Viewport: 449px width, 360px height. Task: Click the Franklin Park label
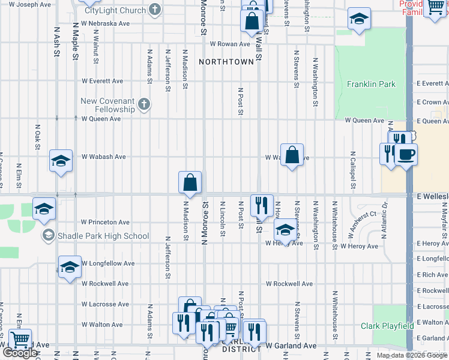(371, 84)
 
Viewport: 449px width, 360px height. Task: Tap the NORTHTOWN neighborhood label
(226, 62)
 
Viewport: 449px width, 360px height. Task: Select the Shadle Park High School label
(103, 236)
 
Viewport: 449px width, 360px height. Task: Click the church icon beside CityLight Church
(155, 10)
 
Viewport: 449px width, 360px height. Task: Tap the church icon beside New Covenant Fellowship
(143, 105)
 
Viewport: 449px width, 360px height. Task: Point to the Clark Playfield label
(387, 326)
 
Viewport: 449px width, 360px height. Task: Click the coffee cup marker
(406, 154)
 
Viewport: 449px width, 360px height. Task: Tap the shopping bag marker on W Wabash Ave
(291, 155)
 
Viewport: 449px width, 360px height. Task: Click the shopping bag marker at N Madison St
(190, 182)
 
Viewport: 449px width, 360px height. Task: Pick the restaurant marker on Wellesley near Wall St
(261, 205)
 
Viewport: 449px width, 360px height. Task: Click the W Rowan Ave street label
(229, 44)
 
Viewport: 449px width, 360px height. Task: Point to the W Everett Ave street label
(102, 81)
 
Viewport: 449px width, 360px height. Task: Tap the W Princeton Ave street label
(105, 222)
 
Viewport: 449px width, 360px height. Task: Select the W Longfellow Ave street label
(108, 263)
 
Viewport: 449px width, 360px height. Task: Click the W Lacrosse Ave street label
(105, 304)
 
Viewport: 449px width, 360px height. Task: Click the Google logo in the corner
(20, 353)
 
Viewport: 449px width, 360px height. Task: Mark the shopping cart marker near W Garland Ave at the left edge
(20, 340)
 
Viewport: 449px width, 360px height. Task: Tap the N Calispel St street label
(352, 171)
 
